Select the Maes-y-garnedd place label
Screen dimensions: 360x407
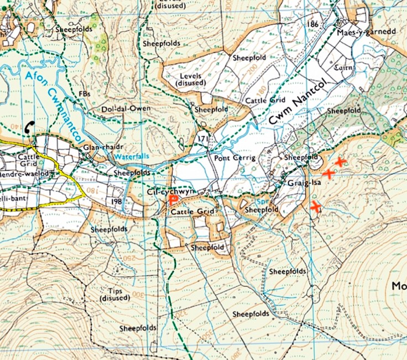366,33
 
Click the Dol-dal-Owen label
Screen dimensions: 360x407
126,109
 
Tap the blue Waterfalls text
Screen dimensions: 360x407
131,156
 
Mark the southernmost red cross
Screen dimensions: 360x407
316,207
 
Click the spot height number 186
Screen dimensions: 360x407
314,25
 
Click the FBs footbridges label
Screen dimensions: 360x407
85,94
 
